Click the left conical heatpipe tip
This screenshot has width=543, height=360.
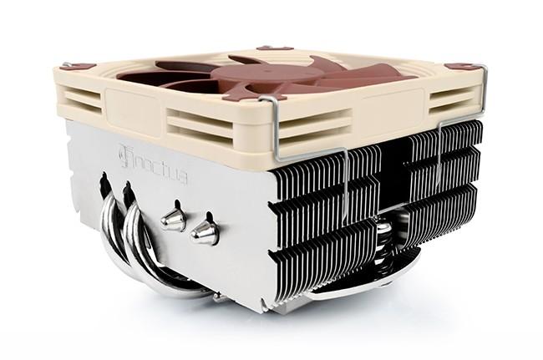(172, 219)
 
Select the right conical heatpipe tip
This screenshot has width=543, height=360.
(204, 231)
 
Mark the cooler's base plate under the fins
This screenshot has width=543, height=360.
(351, 288)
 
